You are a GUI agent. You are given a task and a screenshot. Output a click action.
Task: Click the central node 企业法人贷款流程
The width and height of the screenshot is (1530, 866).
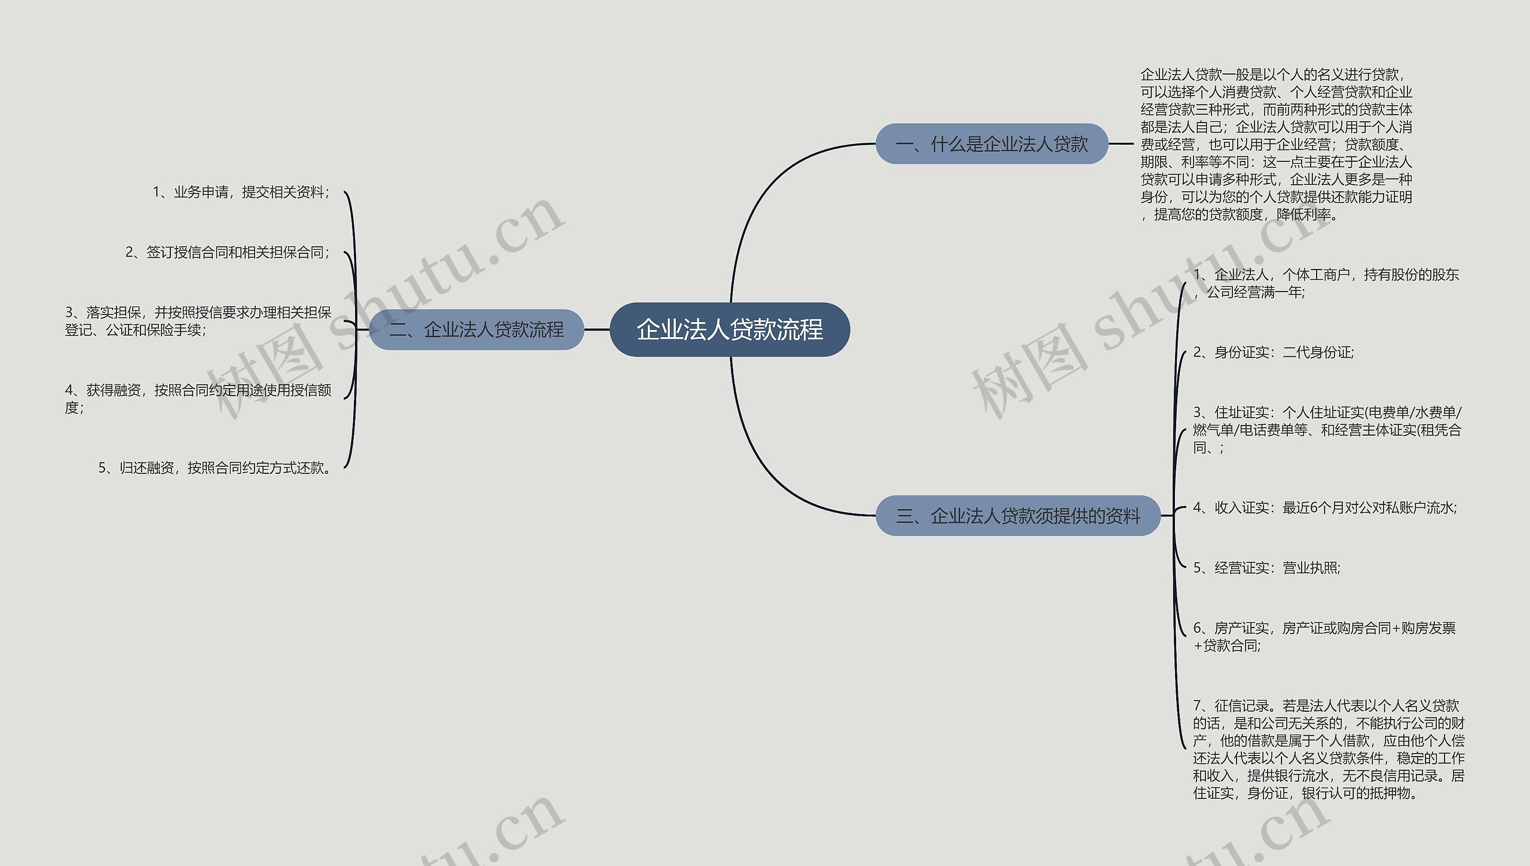coord(729,329)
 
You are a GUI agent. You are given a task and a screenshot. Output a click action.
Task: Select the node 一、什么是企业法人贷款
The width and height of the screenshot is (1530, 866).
coord(992,144)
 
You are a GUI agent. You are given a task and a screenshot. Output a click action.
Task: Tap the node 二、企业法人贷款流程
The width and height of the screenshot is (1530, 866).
coord(476,329)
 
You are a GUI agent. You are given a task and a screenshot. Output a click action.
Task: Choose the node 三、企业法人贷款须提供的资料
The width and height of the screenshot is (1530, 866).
coord(1018,516)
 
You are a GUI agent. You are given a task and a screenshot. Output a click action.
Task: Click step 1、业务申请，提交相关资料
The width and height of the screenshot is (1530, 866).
coord(241,192)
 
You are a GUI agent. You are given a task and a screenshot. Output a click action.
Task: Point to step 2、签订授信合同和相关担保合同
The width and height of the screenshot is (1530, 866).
coord(227,252)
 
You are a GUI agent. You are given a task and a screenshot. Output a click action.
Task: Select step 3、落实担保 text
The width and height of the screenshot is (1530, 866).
coord(198,321)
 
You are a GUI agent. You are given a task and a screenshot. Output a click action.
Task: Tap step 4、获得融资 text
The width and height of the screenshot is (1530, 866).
coord(198,399)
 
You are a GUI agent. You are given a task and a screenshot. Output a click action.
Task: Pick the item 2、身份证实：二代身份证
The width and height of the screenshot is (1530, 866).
coord(1273,353)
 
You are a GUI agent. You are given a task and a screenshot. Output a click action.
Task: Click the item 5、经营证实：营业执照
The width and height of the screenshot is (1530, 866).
coord(1266,568)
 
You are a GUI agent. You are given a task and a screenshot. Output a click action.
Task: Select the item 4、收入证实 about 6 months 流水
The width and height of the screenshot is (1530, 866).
coord(1324,508)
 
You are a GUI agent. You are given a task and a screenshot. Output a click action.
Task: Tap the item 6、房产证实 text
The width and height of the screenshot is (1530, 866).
coord(1324,637)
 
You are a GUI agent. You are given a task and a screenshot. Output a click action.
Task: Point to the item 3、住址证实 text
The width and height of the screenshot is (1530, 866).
coord(1327,430)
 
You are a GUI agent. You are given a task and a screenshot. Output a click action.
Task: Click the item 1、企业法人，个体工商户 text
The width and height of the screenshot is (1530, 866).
coord(1326,283)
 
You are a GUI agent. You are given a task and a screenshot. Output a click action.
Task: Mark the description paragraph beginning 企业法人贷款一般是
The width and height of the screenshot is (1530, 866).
coord(1276,144)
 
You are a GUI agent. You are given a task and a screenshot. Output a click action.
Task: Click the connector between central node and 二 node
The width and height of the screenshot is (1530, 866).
coord(596,329)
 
